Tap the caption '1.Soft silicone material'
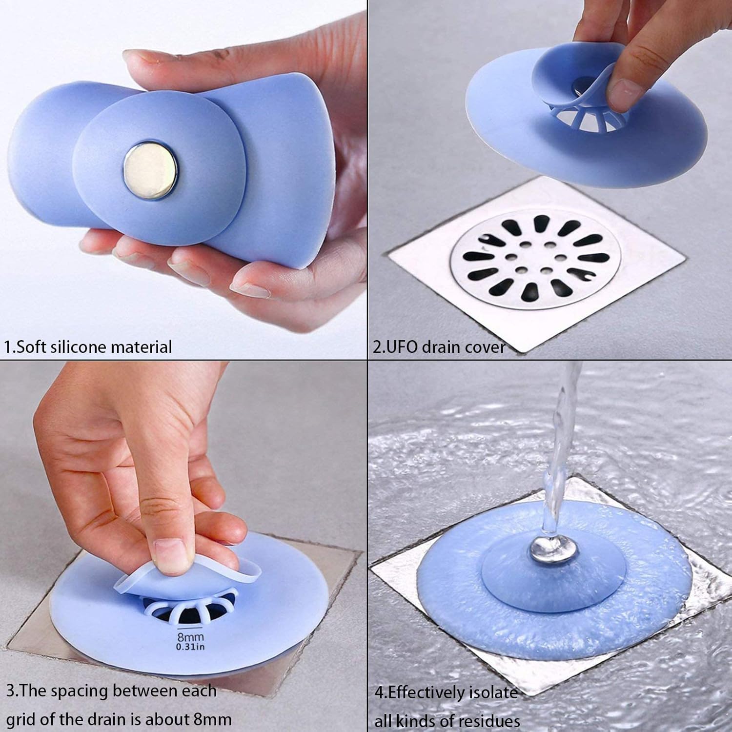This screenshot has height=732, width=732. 88,347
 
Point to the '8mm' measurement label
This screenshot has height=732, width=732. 190,636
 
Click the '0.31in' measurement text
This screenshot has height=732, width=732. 190,647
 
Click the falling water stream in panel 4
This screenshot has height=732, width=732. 561,439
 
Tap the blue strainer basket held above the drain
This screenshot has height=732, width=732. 586,122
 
